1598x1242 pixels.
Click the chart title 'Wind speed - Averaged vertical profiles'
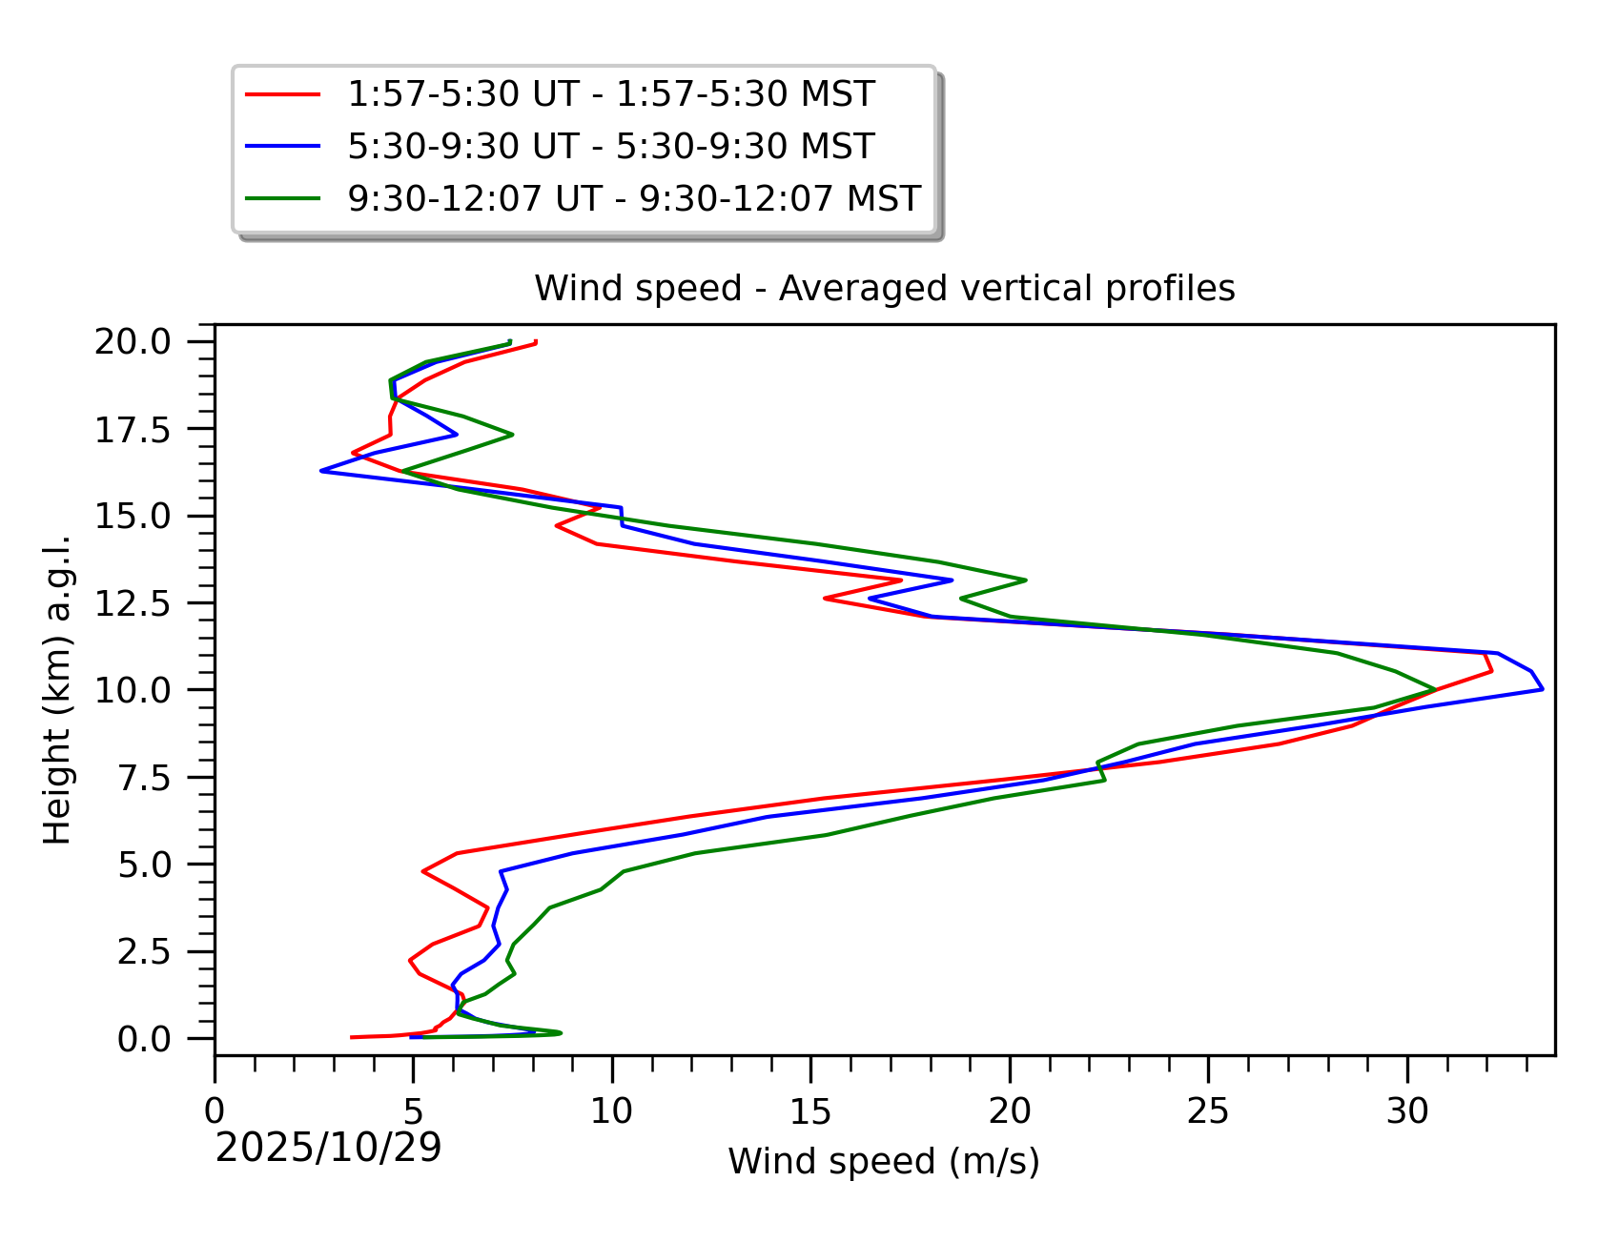click(x=884, y=288)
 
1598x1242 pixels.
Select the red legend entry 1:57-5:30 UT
click(x=610, y=93)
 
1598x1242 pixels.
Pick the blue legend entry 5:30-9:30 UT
click(x=610, y=146)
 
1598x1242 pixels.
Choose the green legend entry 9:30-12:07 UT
click(x=634, y=198)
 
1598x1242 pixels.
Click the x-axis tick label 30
click(x=1406, y=1110)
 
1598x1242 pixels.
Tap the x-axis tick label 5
click(x=413, y=1110)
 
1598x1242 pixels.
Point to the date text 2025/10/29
click(x=328, y=1148)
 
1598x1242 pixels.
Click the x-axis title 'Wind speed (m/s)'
click(x=884, y=1161)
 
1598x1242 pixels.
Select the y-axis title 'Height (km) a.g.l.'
click(x=57, y=690)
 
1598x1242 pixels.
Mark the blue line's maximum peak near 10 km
click(x=1542, y=689)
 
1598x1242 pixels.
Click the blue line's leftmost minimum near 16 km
click(x=321, y=471)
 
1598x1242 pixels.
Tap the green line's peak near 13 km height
click(x=1026, y=580)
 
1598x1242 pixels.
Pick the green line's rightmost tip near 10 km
click(x=1435, y=689)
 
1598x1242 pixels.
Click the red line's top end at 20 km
click(x=537, y=341)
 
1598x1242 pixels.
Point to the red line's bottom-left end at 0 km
click(x=352, y=1037)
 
